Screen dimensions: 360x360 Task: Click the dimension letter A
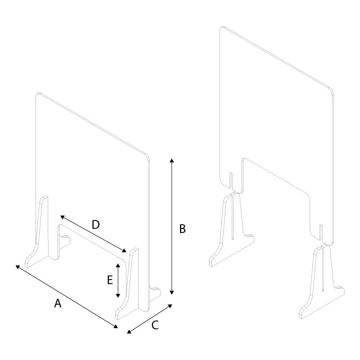point(58,303)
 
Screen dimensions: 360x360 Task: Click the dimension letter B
point(182,229)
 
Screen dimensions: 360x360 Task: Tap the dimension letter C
point(155,325)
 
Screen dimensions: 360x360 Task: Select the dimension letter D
point(95,224)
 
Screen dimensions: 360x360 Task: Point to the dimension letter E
point(110,280)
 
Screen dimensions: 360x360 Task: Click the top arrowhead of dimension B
point(172,160)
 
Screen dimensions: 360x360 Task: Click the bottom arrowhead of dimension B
point(172,292)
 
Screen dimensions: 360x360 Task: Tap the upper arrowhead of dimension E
point(118,265)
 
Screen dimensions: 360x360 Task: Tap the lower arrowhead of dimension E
point(118,295)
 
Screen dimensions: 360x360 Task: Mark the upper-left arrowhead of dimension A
point(18,266)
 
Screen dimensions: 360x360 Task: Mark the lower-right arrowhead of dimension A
point(116,326)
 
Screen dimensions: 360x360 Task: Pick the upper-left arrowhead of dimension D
point(62,217)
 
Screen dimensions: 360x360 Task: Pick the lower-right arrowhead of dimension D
point(124,251)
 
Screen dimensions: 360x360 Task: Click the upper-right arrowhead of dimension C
point(170,306)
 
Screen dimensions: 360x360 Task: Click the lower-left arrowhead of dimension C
point(129,332)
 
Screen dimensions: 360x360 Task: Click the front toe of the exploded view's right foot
point(301,315)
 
